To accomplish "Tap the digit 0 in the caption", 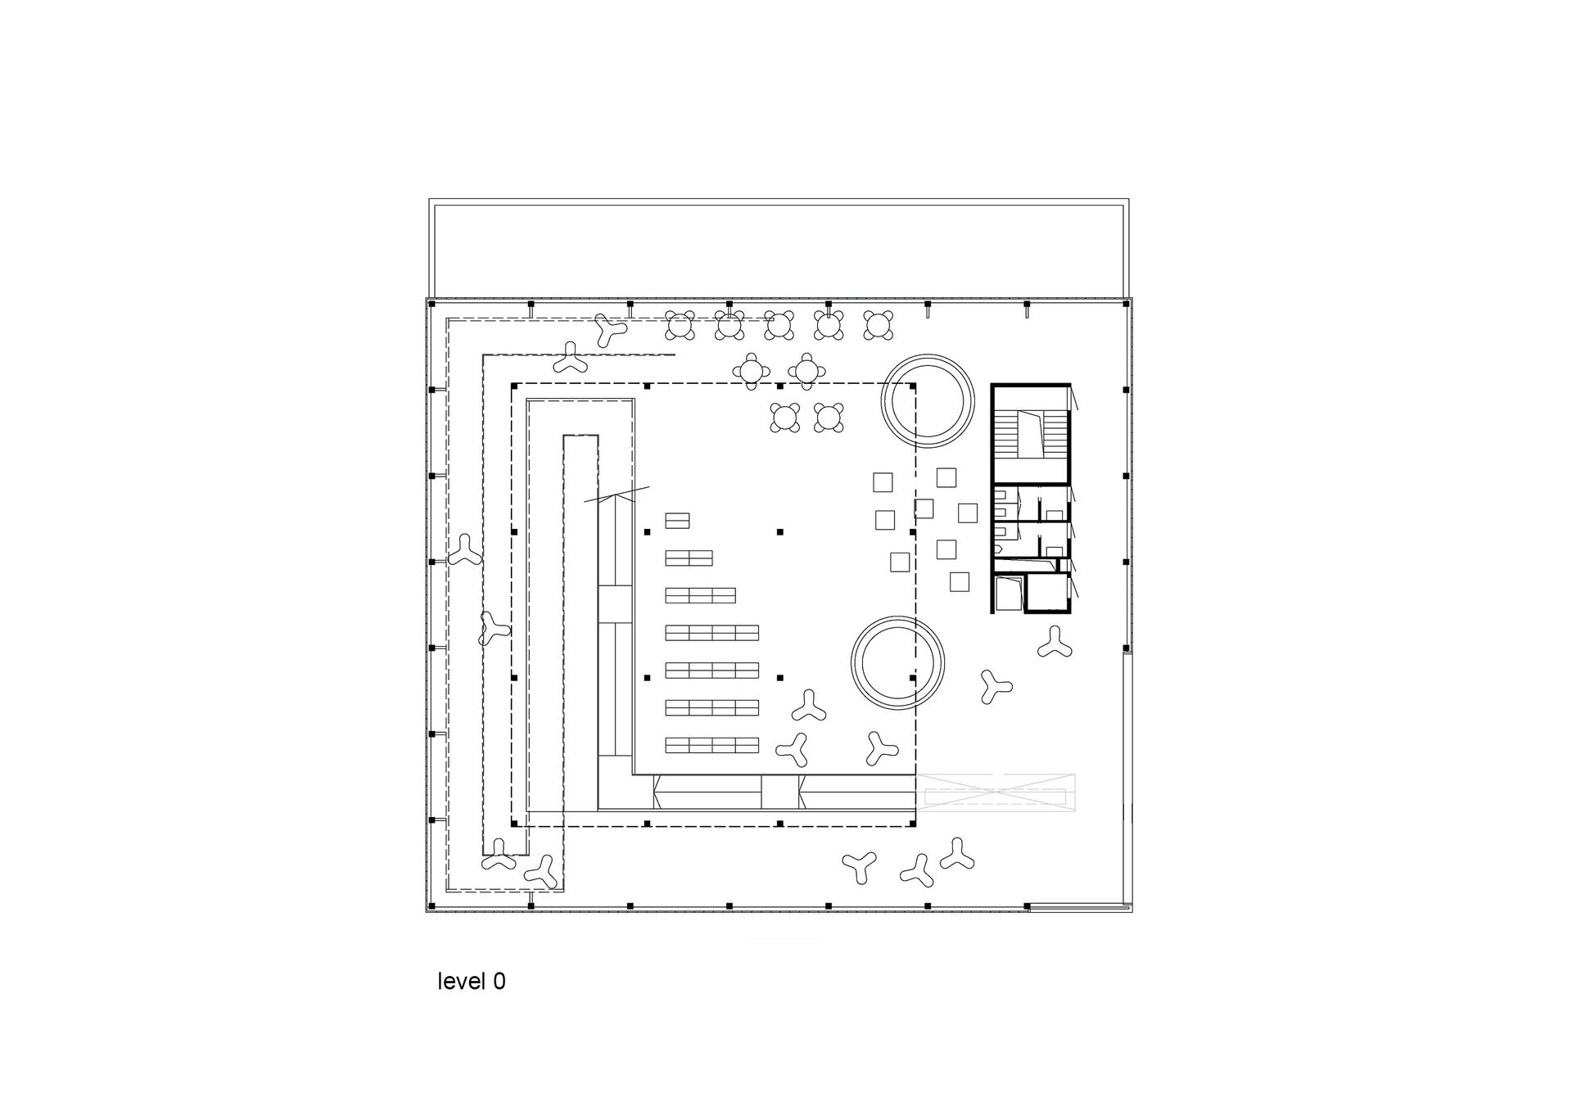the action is tap(499, 981).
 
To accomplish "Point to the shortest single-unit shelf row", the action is tap(677, 520).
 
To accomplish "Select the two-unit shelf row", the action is tap(689, 558).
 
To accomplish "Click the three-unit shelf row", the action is tap(700, 595).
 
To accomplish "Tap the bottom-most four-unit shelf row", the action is tap(711, 745).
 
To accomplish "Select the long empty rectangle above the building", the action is tap(779, 249).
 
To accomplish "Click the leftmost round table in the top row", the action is tap(680, 326).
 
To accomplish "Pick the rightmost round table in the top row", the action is tap(878, 325).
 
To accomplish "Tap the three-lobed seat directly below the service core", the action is tap(1054, 643).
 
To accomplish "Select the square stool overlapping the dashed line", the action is tap(924, 508).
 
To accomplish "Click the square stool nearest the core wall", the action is tap(968, 513).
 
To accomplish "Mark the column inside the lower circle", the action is tap(913, 678).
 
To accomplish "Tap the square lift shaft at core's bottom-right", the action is tap(1047, 593).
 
